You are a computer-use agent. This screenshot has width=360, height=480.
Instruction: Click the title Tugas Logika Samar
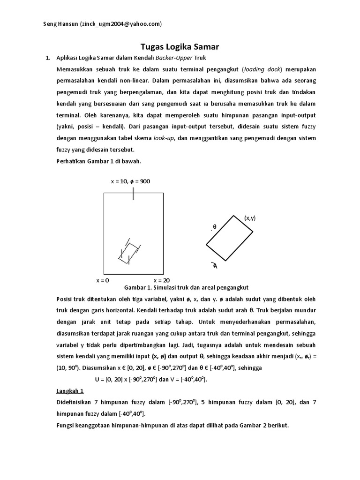click(180, 47)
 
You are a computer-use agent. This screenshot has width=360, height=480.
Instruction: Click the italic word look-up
click(164, 138)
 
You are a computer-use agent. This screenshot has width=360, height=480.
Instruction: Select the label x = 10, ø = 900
click(130, 181)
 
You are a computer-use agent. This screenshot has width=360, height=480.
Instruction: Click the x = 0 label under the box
click(103, 280)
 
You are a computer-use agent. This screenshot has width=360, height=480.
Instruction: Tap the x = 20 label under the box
click(161, 280)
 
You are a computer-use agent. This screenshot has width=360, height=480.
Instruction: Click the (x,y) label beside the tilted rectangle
click(249, 218)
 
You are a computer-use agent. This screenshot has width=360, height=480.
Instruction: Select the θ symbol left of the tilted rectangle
click(215, 226)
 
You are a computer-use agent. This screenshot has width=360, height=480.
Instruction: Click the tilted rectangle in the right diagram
click(230, 238)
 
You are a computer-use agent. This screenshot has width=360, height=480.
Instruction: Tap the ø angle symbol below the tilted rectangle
click(215, 266)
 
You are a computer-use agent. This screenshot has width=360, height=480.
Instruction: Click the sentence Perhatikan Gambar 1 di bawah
click(98, 161)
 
